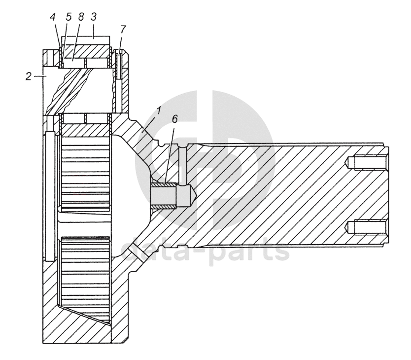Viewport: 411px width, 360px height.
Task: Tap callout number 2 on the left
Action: pos(29,76)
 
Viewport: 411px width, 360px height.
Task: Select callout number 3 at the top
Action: pos(93,16)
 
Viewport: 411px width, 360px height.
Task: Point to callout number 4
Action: pos(53,16)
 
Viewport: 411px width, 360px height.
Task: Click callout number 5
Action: pos(68,16)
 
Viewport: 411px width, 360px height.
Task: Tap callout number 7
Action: pos(123,29)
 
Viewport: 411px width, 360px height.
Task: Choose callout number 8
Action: pos(80,16)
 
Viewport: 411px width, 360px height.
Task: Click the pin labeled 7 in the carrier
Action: pos(120,65)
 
